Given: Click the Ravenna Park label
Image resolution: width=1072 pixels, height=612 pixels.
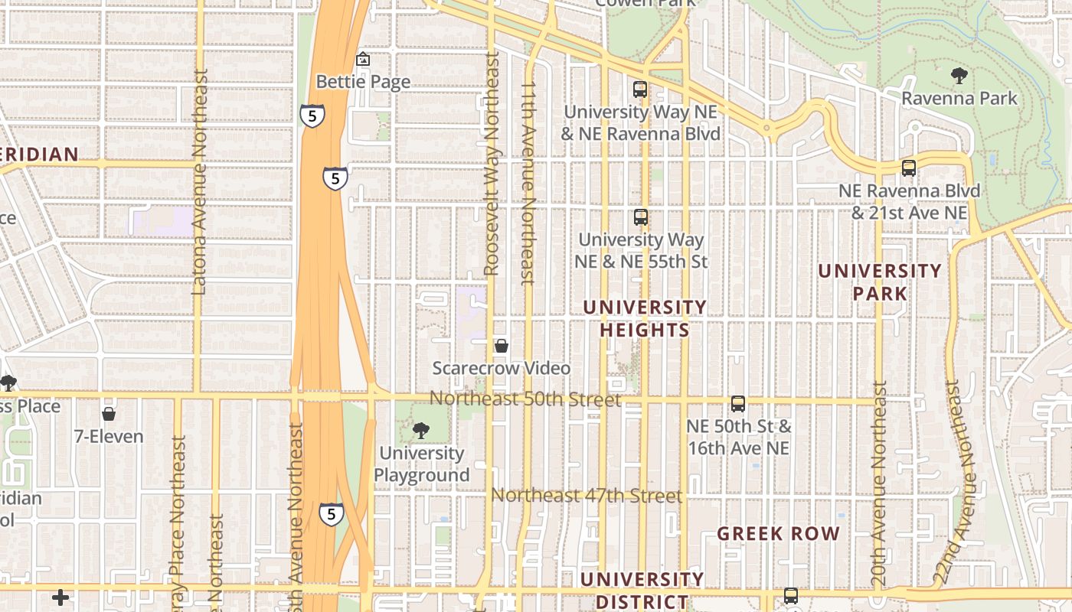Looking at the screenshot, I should point(959,99).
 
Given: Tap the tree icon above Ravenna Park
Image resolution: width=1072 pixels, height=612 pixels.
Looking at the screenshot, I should point(958,75).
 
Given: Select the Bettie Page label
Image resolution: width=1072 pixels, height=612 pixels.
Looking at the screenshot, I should point(363,82).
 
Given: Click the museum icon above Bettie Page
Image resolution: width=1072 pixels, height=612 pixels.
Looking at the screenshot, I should point(363,59).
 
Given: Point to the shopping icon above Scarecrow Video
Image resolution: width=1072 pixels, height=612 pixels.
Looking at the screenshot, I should point(502,346).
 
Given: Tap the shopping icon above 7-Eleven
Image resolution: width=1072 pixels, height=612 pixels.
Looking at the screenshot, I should point(109,414).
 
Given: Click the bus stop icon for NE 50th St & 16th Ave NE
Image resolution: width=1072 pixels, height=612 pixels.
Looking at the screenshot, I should point(738,403).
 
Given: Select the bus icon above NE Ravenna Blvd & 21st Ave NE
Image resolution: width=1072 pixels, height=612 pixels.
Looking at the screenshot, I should point(909,168).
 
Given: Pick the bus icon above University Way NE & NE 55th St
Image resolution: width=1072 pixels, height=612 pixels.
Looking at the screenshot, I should point(641,217).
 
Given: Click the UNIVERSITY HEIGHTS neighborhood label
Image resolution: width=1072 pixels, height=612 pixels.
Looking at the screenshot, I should point(645,318).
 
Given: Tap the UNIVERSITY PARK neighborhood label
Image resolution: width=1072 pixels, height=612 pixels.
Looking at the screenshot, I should point(880,282).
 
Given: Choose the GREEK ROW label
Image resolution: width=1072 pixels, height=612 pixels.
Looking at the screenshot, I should point(778,534).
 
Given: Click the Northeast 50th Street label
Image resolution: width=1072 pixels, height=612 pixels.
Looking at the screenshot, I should point(525,399).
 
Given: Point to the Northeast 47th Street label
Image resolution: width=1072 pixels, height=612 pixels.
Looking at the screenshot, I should point(587,496).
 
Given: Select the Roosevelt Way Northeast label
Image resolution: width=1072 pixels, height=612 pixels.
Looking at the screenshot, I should point(492,164).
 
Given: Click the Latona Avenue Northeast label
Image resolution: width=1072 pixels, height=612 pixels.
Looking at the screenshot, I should point(199,182).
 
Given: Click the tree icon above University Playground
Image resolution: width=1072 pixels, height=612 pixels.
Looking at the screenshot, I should point(420,431).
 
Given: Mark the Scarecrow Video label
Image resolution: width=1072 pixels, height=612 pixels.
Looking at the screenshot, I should point(502,369).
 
